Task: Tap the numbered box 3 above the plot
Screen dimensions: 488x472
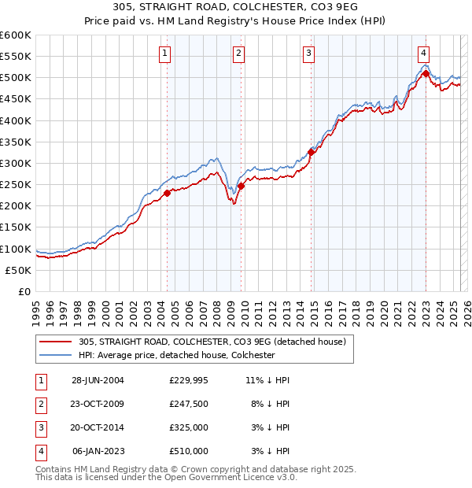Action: tap(309, 54)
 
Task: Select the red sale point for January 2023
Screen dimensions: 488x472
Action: tap(426, 74)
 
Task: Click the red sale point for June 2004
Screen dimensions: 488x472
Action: tap(168, 193)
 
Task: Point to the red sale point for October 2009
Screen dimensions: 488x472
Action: tap(242, 186)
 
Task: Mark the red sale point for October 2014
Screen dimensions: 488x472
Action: tap(312, 153)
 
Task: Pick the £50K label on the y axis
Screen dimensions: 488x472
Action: tap(18, 270)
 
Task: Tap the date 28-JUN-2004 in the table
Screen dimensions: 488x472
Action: tap(98, 380)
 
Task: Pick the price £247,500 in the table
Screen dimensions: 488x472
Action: tap(188, 404)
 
